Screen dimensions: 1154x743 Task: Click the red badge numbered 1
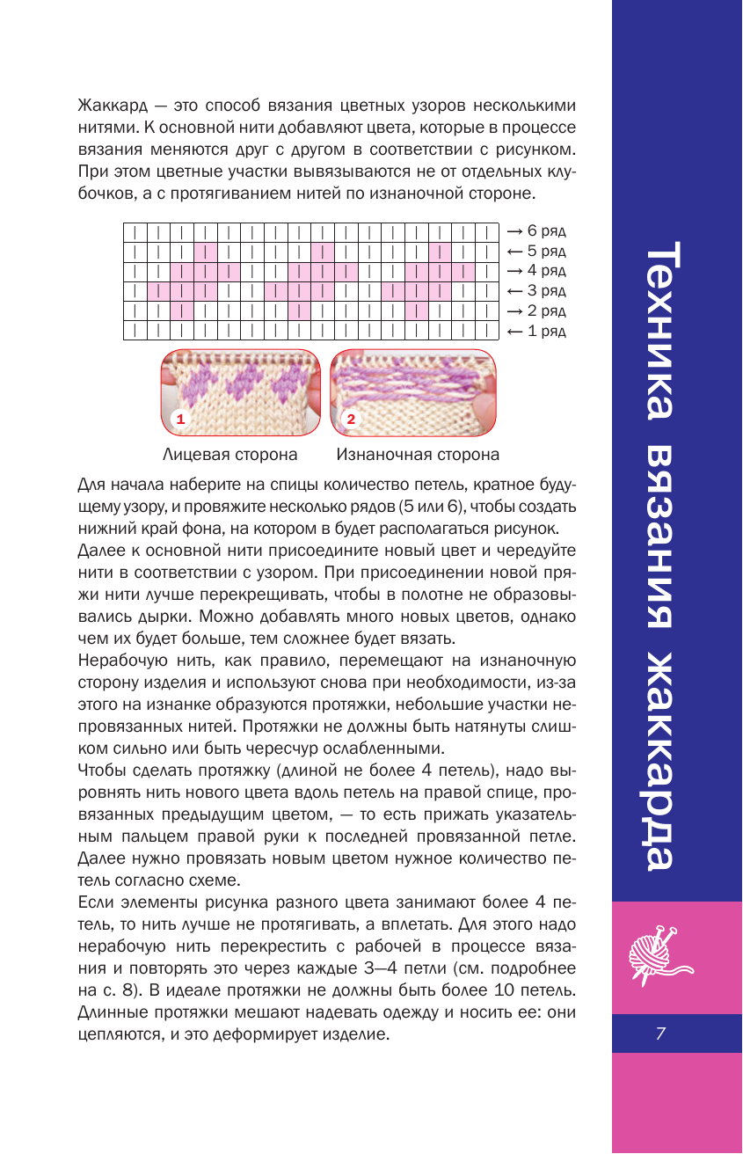pyautogui.click(x=180, y=419)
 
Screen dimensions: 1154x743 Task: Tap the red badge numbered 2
pyautogui.click(x=350, y=419)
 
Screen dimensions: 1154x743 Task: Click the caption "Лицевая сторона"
pyautogui.click(x=229, y=455)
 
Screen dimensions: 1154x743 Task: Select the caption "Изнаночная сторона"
pyautogui.click(x=418, y=455)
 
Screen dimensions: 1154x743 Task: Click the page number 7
pyautogui.click(x=659, y=1034)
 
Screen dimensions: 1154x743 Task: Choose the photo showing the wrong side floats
pyautogui.click(x=413, y=392)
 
